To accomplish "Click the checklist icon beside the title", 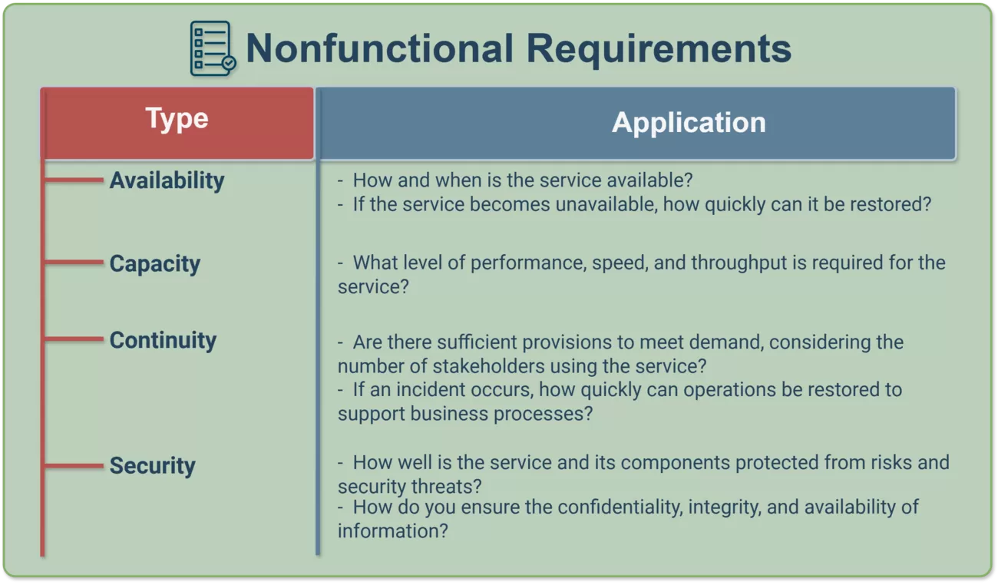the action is [213, 48].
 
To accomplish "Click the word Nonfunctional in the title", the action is [379, 48].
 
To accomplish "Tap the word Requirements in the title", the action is [659, 50].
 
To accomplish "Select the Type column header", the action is [177, 123].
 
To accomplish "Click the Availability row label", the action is [167, 181].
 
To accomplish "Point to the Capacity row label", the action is [155, 264].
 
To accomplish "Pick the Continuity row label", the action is [163, 341].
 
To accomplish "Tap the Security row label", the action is [152, 466].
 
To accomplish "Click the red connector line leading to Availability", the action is [74, 180].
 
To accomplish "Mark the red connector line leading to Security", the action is [74, 465].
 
